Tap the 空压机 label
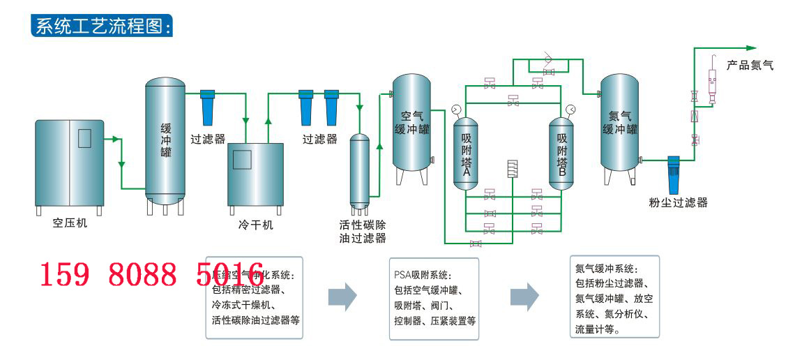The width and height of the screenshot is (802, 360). pyautogui.click(x=70, y=224)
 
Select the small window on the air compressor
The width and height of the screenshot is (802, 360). pyautogui.click(x=85, y=138)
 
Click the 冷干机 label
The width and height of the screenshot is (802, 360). pyautogui.click(x=256, y=225)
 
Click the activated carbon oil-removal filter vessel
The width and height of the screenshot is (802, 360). pyautogui.click(x=359, y=171)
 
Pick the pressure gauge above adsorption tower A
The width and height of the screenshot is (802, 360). pyautogui.click(x=456, y=109)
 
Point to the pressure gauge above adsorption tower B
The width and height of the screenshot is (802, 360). pyautogui.click(x=570, y=109)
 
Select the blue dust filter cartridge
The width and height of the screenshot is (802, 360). pyautogui.click(x=673, y=174)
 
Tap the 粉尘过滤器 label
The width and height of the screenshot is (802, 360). pyautogui.click(x=678, y=202)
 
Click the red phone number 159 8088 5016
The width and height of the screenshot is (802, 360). pyautogui.click(x=150, y=276)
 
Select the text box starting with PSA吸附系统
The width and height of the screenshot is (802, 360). pyautogui.click(x=434, y=298)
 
